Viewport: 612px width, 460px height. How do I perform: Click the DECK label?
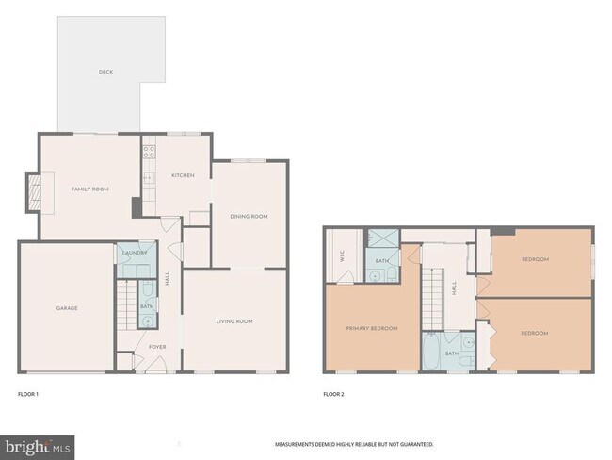tap(105, 72)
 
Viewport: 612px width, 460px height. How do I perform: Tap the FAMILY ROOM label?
tap(90, 189)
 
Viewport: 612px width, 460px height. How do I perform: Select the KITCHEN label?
tap(182, 176)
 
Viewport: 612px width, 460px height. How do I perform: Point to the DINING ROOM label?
tap(249, 217)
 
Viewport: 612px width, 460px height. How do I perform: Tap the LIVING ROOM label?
tap(234, 322)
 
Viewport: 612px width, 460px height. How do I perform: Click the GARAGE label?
tap(66, 308)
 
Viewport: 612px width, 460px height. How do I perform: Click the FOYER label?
tap(157, 347)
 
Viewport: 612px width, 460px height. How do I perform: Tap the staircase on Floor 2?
tap(432, 297)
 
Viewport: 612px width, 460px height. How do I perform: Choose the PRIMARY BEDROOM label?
tap(371, 328)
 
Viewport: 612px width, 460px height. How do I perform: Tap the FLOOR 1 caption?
tap(29, 394)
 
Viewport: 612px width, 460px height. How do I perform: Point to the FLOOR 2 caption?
tap(333, 394)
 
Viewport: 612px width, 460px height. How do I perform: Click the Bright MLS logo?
tap(39, 444)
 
